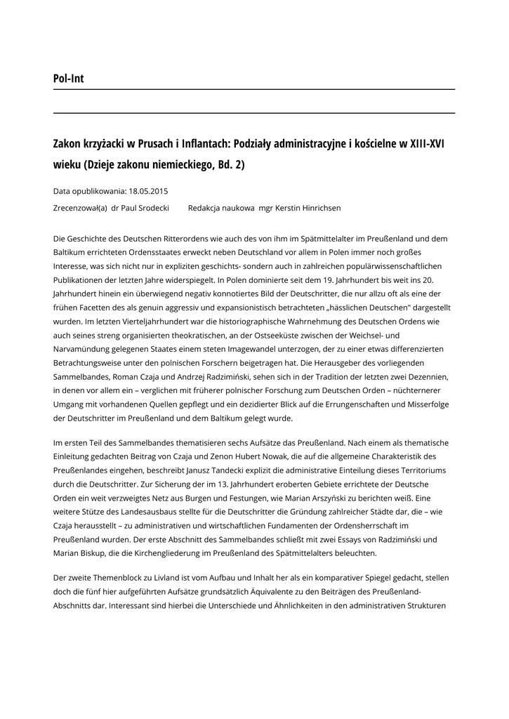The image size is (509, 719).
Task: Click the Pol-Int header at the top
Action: point(68,79)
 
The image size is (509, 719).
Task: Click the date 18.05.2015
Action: point(148,191)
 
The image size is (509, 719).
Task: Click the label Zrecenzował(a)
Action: point(80,209)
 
